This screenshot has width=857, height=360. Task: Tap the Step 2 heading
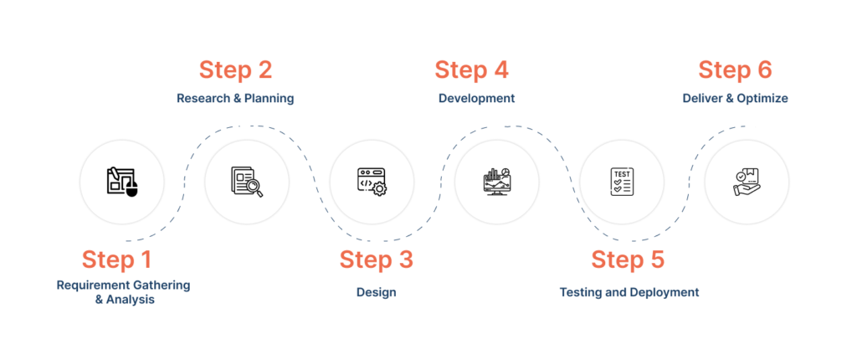pos(235,69)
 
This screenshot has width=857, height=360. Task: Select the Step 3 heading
pos(376,260)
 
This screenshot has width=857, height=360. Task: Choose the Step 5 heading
pos(628,260)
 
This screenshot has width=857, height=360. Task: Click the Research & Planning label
pos(234,99)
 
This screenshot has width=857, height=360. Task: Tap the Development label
pos(476,99)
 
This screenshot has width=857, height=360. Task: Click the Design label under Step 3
pos(376,293)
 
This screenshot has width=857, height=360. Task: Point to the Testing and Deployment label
pos(629,293)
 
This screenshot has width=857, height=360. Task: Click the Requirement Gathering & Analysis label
pos(124,292)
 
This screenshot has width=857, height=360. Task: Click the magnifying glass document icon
pos(247,182)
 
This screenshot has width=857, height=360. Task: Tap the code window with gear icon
pos(372,182)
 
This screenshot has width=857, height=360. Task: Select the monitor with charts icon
pos(496,182)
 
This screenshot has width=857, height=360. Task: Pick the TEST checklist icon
pos(621,182)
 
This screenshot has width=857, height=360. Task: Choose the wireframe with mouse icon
pos(121,182)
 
